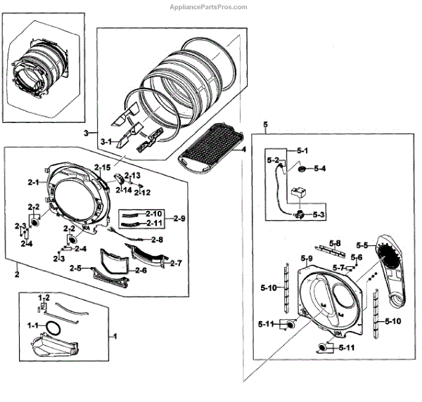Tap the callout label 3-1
[106, 141]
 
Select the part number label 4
[243, 150]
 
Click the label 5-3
[319, 214]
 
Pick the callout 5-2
[274, 160]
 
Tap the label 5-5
[362, 245]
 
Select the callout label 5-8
[335, 243]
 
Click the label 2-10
[155, 213]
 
